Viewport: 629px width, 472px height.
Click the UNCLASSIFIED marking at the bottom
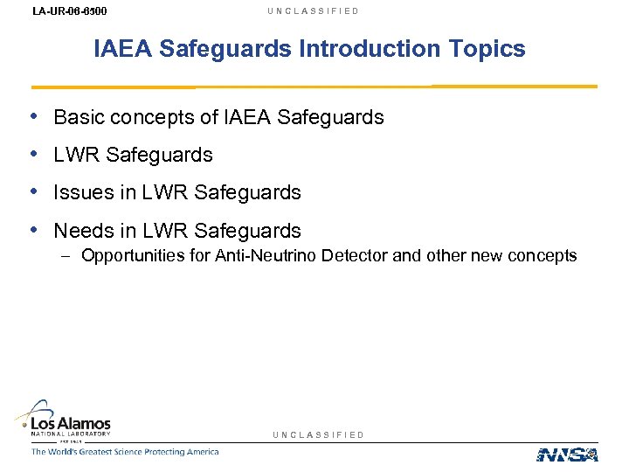[319, 434]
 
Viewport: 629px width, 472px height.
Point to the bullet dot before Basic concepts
[32, 116]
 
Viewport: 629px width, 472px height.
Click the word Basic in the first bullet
[76, 117]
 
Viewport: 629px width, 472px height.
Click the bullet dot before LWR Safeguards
[32, 154]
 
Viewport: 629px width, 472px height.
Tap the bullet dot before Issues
[32, 191]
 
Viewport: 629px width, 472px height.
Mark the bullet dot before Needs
[32, 230]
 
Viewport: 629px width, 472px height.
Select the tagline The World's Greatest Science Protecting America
[125, 452]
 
